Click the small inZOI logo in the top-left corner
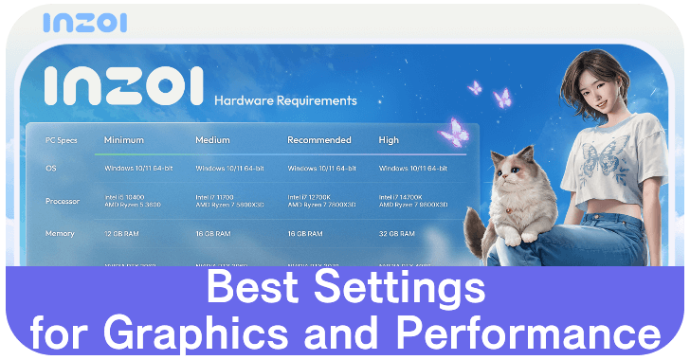pyautogui.click(x=84, y=22)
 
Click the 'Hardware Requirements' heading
pyautogui.click(x=285, y=99)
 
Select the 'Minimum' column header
pyautogui.click(x=124, y=140)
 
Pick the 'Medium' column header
pyautogui.click(x=212, y=140)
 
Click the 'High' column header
pyautogui.click(x=388, y=140)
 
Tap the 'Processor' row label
pyautogui.click(x=63, y=201)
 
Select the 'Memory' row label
pyautogui.click(x=60, y=232)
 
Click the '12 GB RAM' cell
pyautogui.click(x=124, y=232)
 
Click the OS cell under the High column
pyautogui.click(x=412, y=169)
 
